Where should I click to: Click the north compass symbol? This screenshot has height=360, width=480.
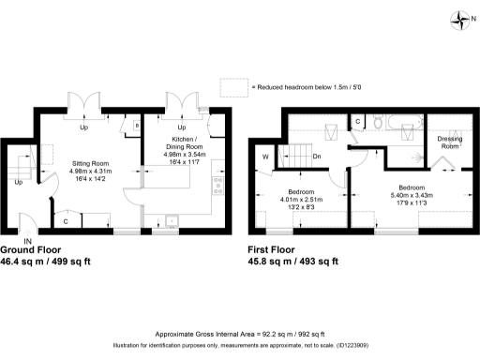pyautogui.click(x=459, y=19)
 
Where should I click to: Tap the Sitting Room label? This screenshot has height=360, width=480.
pyautogui.click(x=91, y=162)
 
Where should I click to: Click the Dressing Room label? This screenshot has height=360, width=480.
pyautogui.click(x=449, y=142)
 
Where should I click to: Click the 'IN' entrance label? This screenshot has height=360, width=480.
pyautogui.click(x=28, y=242)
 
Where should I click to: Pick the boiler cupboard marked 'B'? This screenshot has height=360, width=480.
pyautogui.click(x=137, y=125)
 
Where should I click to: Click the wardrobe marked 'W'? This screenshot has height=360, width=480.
pyautogui.click(x=265, y=157)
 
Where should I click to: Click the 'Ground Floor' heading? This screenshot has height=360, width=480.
pyautogui.click(x=31, y=251)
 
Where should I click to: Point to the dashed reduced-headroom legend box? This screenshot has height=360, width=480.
pyautogui.click(x=232, y=87)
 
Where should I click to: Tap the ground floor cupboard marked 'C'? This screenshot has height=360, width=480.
pyautogui.click(x=65, y=221)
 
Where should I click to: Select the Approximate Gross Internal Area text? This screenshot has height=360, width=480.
pyautogui.click(x=239, y=335)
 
